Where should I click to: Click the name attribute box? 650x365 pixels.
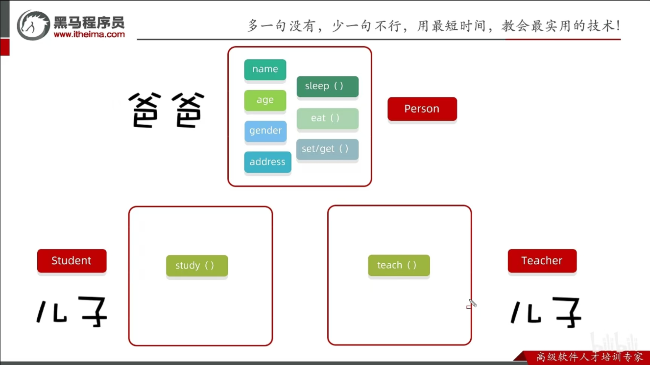click(265, 69)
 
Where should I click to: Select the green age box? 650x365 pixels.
click(265, 100)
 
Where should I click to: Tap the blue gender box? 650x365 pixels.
click(265, 131)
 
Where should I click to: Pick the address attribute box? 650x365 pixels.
click(267, 162)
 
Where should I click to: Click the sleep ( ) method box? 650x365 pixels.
click(327, 86)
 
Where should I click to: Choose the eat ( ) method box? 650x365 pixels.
click(327, 118)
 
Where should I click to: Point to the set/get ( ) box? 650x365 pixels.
click(327, 149)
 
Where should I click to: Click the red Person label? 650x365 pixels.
click(422, 109)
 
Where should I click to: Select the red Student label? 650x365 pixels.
click(72, 260)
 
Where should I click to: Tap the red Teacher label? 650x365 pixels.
click(542, 260)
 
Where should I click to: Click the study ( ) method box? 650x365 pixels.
click(197, 266)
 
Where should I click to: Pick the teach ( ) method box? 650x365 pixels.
click(399, 265)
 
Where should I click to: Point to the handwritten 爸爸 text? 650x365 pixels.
click(166, 111)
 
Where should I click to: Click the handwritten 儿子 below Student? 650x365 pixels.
click(72, 311)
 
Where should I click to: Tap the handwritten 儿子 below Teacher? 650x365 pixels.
click(546, 311)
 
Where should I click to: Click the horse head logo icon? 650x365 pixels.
click(33, 25)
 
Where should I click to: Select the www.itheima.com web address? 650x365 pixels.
click(89, 35)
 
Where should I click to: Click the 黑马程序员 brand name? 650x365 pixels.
click(89, 22)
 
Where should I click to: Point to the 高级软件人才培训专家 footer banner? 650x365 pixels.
click(589, 357)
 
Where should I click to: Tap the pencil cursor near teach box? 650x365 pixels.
click(472, 304)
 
